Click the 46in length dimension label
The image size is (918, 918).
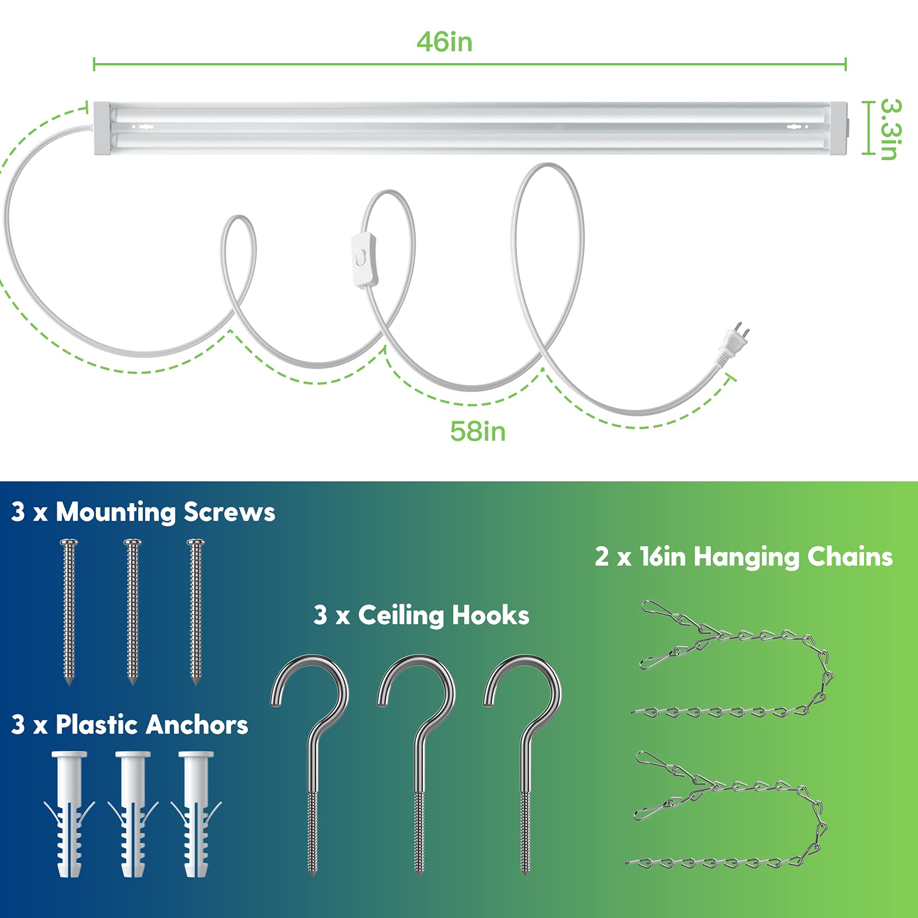click(445, 42)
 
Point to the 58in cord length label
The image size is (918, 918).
click(478, 431)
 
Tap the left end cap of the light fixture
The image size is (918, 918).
click(101, 129)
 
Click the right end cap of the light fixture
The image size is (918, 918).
click(838, 129)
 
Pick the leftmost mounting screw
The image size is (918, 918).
click(69, 612)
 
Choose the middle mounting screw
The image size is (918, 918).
click(133, 612)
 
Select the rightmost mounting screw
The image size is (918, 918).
click(196, 612)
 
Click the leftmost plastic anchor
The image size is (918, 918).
click(69, 814)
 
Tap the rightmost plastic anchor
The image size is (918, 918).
click(196, 814)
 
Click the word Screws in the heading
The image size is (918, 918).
click(229, 512)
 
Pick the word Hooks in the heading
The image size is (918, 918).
click(491, 615)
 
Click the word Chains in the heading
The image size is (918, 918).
click(850, 557)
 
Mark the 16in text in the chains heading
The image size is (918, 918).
click(663, 557)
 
